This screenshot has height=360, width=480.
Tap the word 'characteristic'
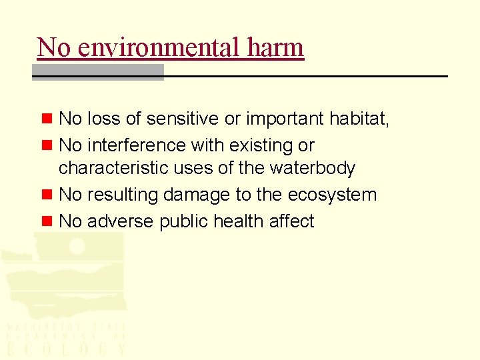pyautogui.click(x=114, y=168)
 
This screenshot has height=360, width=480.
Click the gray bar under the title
pyautogui.click(x=98, y=72)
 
